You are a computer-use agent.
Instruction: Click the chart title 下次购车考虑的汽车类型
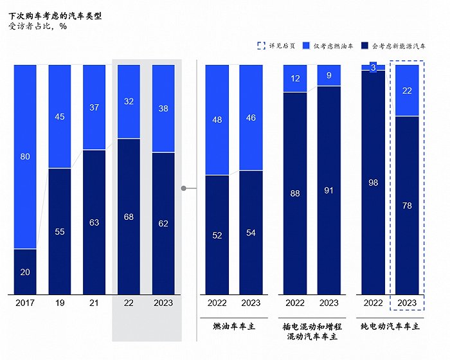pyautogui.click(x=55, y=15)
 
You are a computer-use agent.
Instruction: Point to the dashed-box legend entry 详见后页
pyautogui.click(x=276, y=46)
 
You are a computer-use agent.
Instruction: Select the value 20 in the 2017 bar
pyautogui.click(x=25, y=272)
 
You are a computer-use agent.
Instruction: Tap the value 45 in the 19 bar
pyautogui.click(x=60, y=116)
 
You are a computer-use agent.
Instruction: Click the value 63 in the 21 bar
pyautogui.click(x=94, y=222)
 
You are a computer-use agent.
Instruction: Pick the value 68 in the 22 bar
pyautogui.click(x=129, y=217)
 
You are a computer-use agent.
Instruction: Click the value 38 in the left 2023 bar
pyautogui.click(x=163, y=109)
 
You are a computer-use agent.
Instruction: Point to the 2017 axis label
pyautogui.click(x=25, y=302)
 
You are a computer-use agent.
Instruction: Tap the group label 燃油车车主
pyautogui.click(x=234, y=326)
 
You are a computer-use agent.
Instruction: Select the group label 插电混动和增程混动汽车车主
pyautogui.click(x=312, y=331)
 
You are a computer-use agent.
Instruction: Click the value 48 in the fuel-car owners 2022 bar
pyautogui.click(x=217, y=119)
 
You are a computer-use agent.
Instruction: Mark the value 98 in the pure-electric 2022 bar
pyautogui.click(x=373, y=183)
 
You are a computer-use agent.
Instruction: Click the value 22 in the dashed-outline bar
pyautogui.click(x=407, y=91)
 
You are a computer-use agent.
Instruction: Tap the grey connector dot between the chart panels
pyautogui.click(x=184, y=188)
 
